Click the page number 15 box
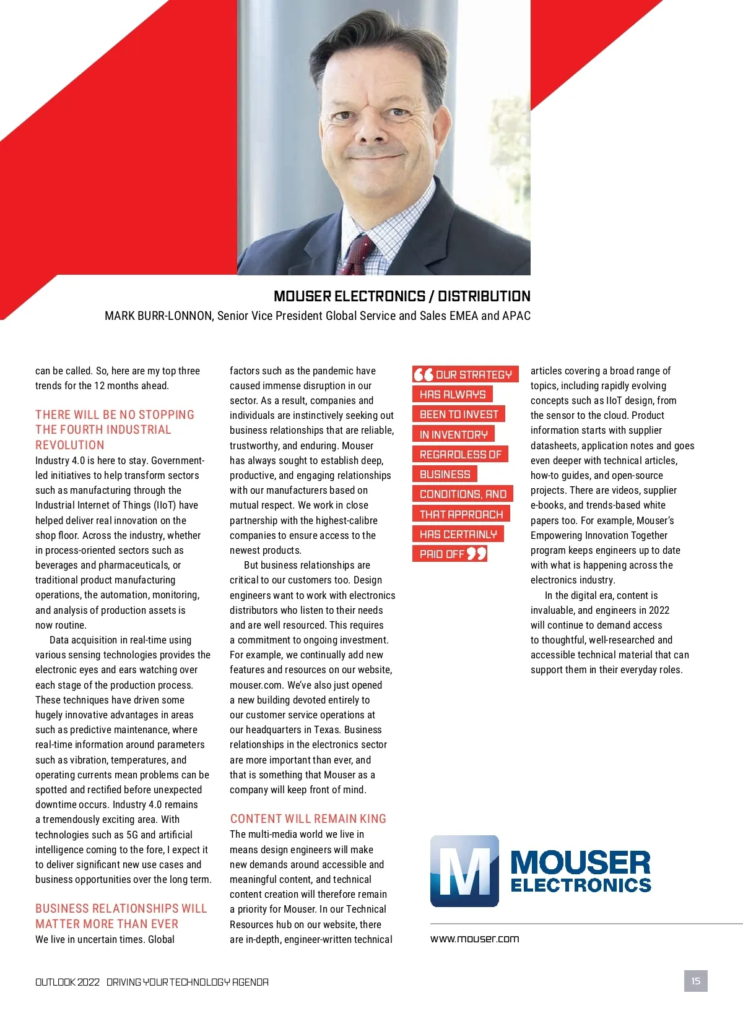click(x=695, y=981)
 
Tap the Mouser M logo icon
click(x=464, y=871)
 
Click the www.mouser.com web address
click(x=474, y=939)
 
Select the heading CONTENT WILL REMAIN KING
click(x=308, y=819)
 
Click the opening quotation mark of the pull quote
click(x=424, y=374)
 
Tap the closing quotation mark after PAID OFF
click(x=477, y=553)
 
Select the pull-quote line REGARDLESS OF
click(x=460, y=454)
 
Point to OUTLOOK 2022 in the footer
click(x=67, y=982)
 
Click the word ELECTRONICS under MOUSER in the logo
click(x=581, y=885)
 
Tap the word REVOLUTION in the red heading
click(x=70, y=445)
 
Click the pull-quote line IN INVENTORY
click(x=453, y=434)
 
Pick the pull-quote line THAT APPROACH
click(x=461, y=514)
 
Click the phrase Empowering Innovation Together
click(x=599, y=535)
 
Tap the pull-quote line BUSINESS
click(x=445, y=475)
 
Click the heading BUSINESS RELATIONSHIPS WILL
click(x=121, y=908)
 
